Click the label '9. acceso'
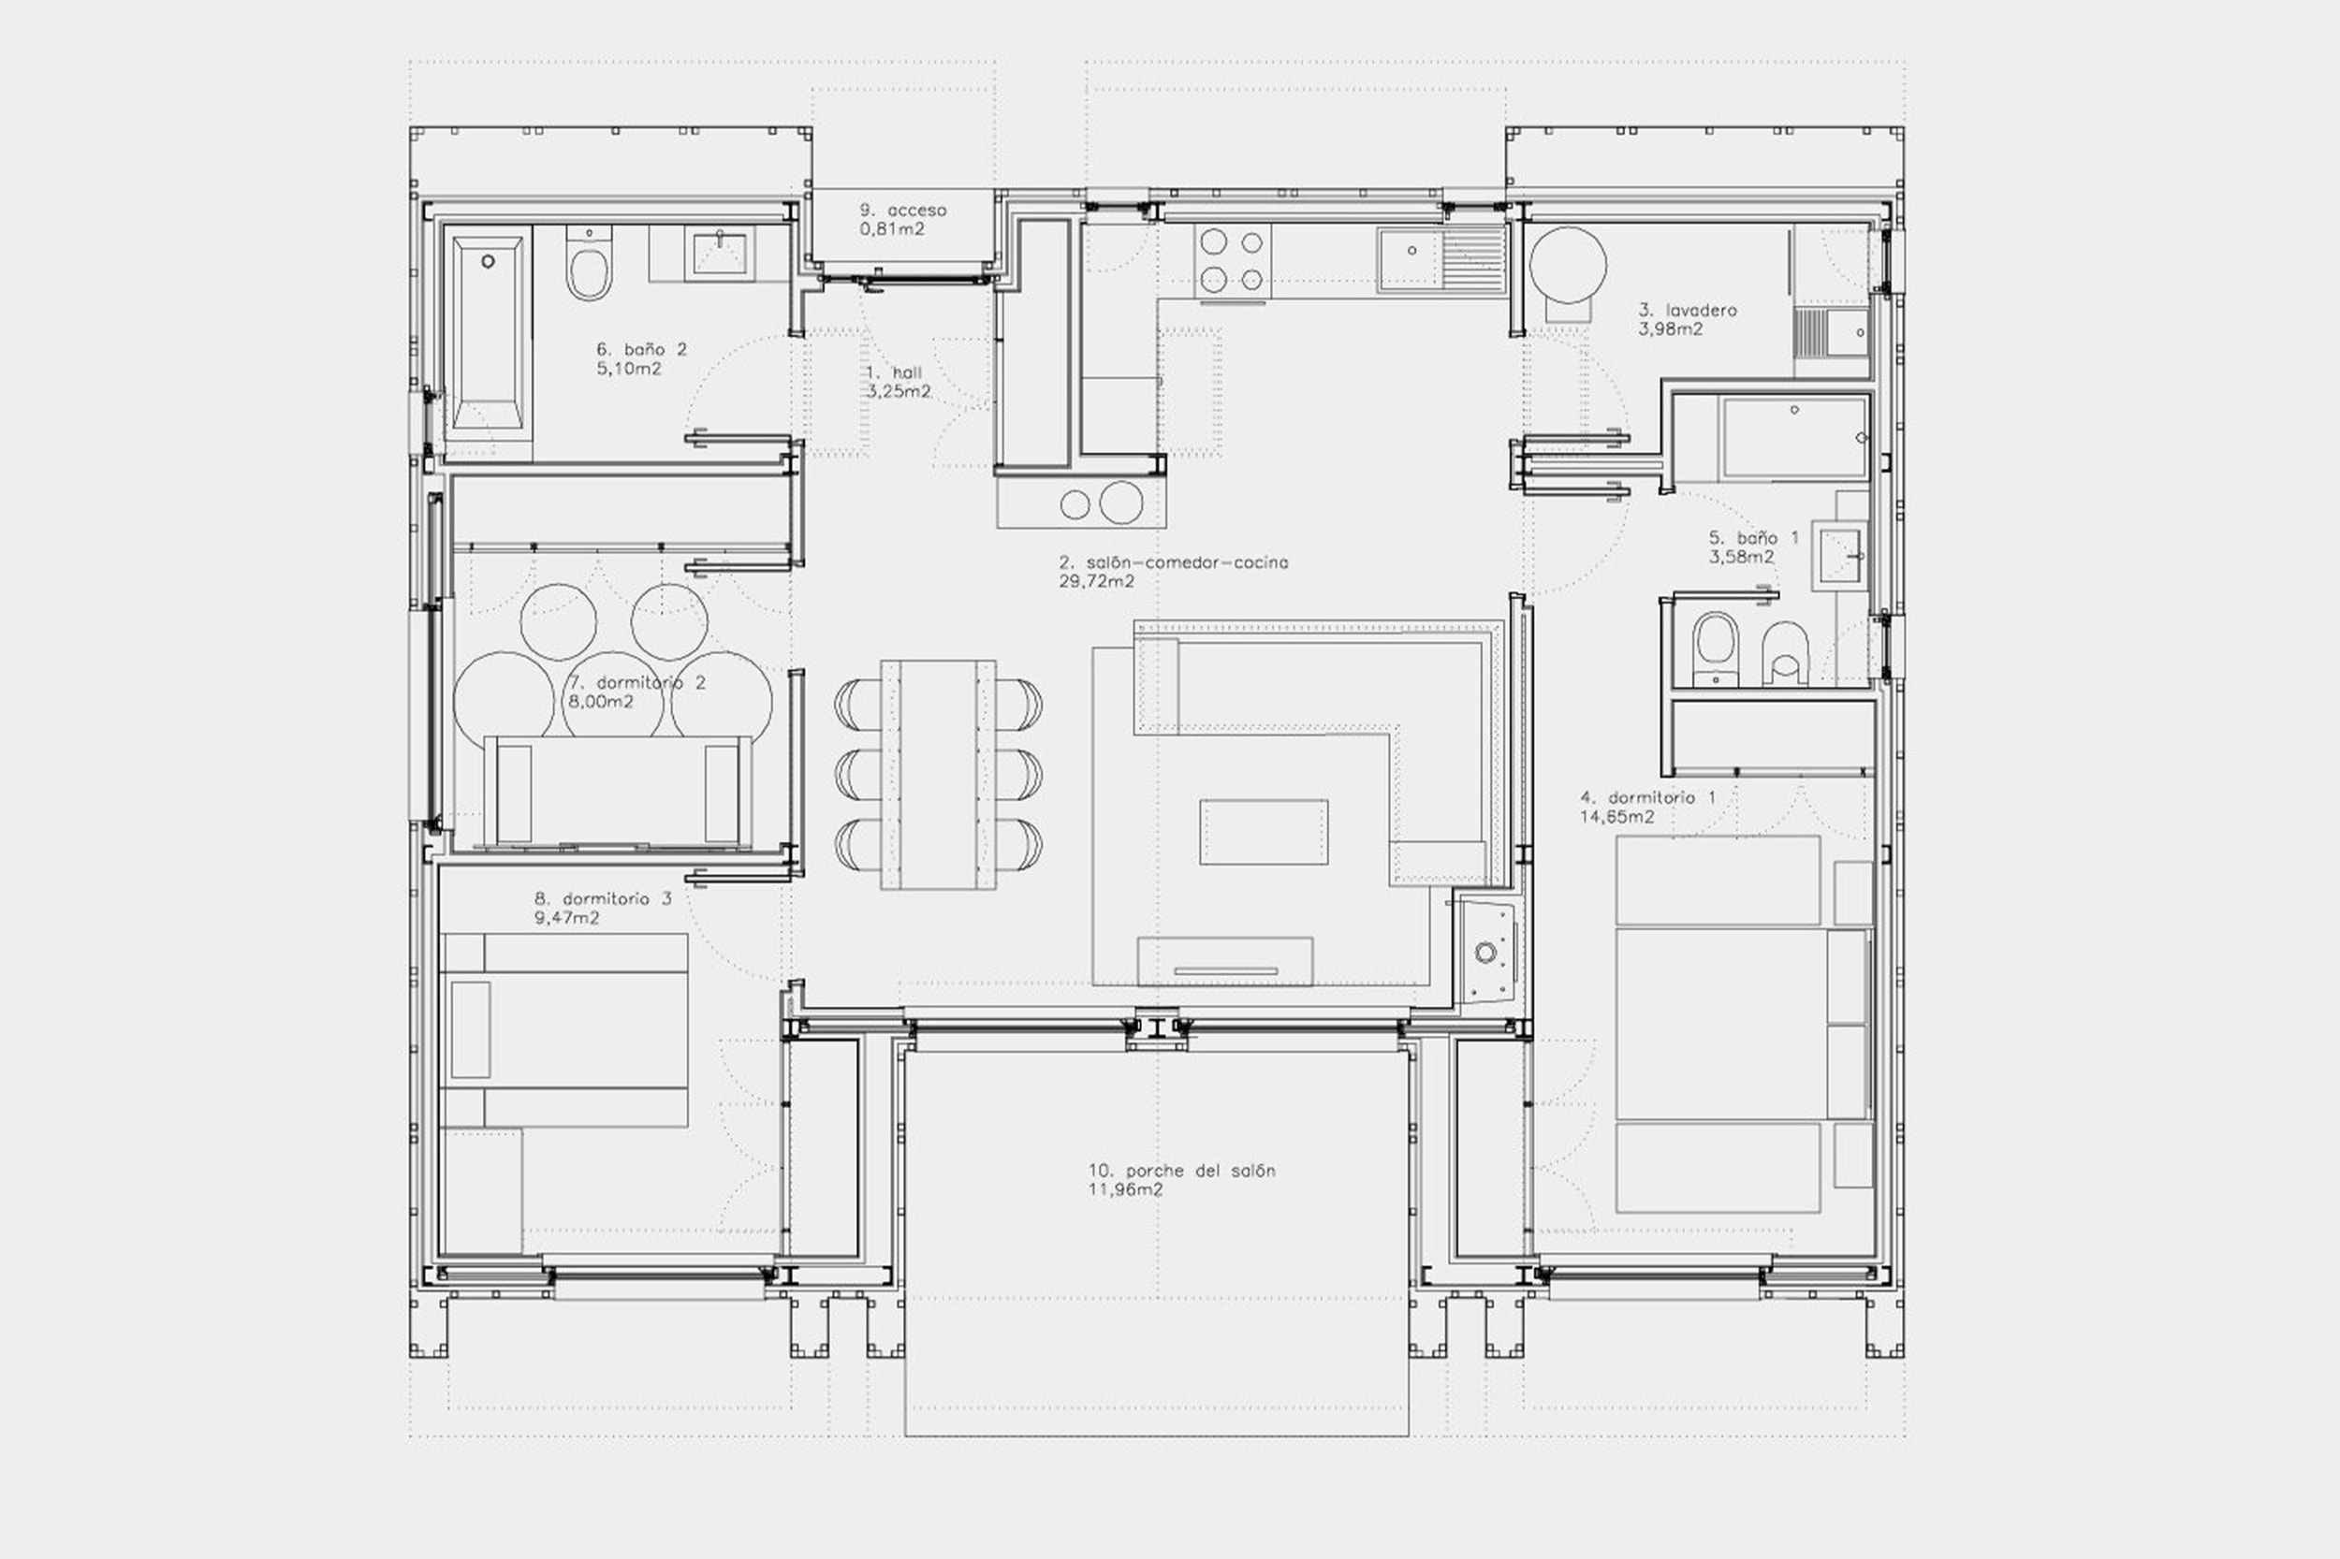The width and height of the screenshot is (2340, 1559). (x=903, y=210)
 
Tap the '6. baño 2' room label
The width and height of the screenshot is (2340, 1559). (x=641, y=349)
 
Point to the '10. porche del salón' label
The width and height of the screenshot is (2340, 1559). (x=1181, y=1172)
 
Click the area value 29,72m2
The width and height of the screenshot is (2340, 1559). (x=1097, y=582)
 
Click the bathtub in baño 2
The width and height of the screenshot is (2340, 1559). (x=488, y=332)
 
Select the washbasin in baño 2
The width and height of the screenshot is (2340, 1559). (x=720, y=253)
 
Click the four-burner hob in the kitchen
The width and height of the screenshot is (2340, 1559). (x=1231, y=259)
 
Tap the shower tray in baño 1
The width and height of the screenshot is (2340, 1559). (x=1794, y=438)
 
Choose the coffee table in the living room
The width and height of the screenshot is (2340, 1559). (x=1263, y=832)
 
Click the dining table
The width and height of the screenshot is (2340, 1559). (x=938, y=775)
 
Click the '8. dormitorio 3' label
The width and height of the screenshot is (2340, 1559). (x=603, y=898)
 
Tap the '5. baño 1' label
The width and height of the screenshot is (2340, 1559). (x=1754, y=538)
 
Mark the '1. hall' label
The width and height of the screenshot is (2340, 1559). (x=894, y=372)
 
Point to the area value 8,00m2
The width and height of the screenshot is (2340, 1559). (x=600, y=702)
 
